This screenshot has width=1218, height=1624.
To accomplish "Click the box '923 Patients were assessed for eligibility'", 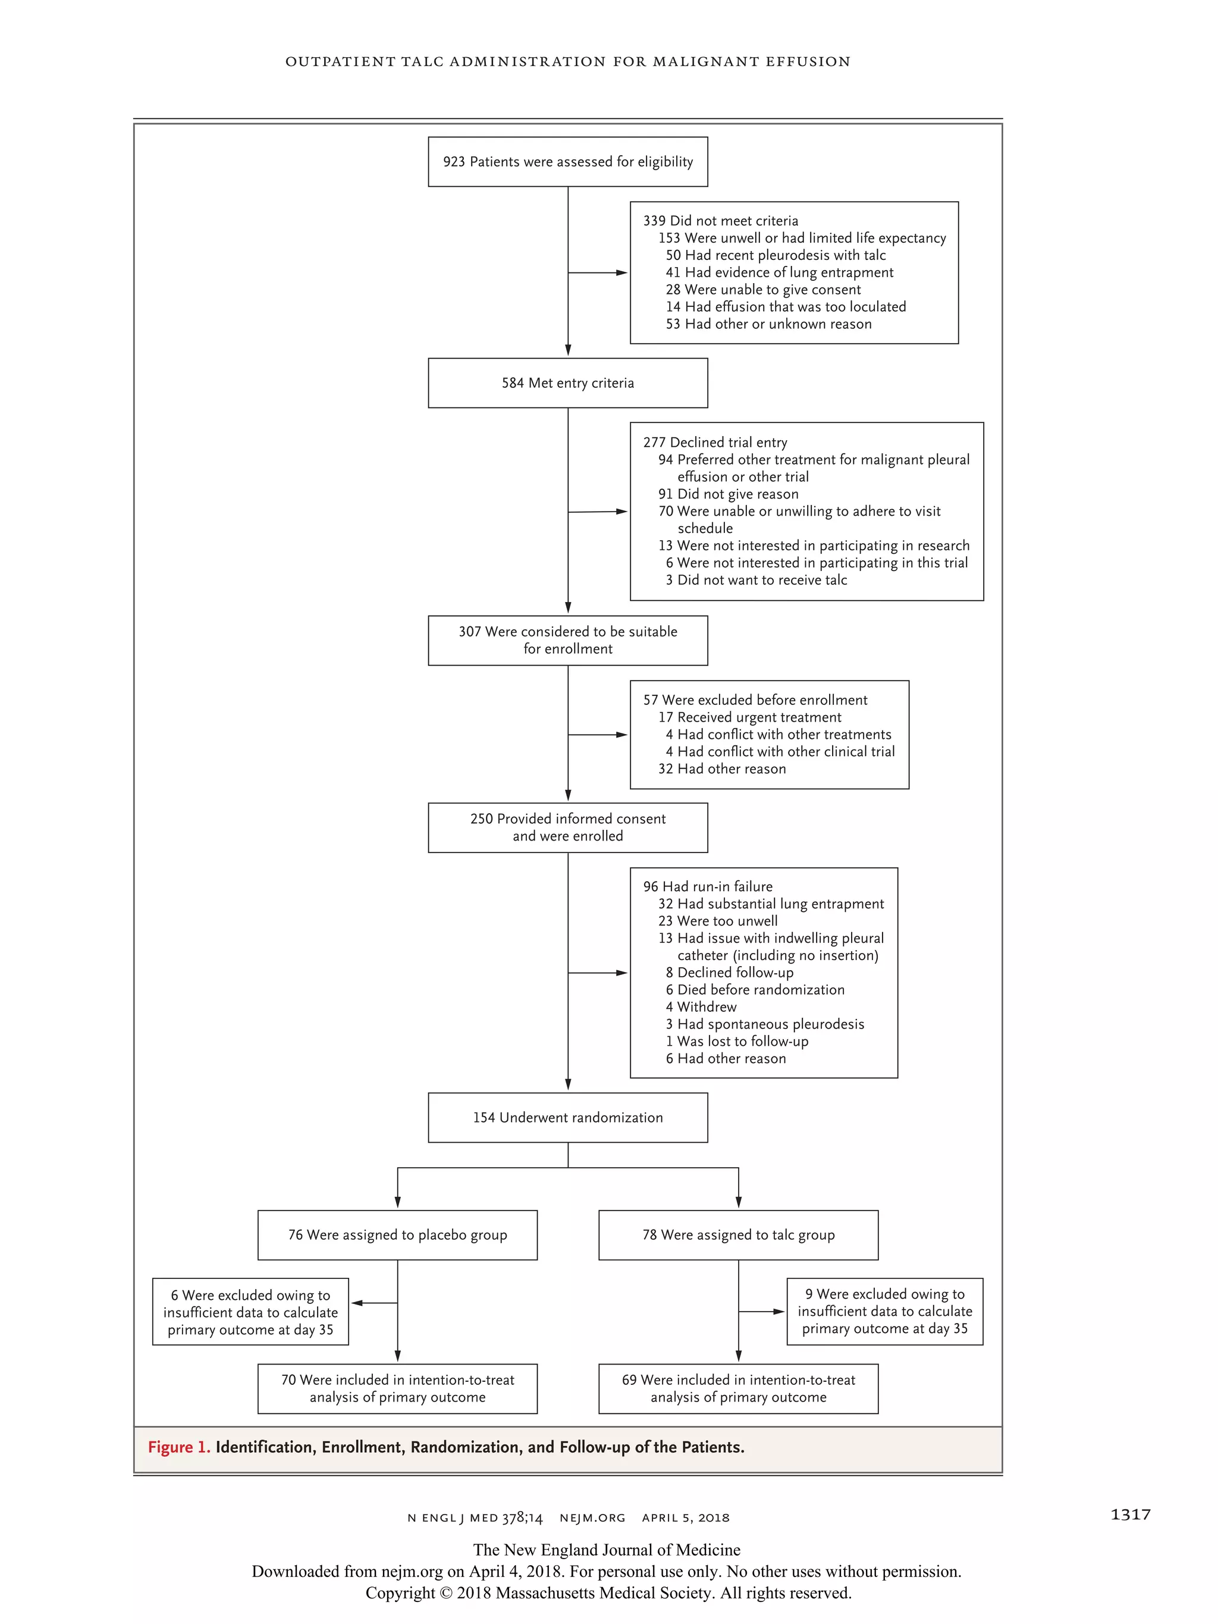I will coord(567,162).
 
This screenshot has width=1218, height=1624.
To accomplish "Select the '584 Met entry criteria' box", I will coord(567,383).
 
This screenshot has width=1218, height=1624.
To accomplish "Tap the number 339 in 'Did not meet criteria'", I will coord(654,221).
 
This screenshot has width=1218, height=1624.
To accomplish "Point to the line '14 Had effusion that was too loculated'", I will coord(786,307).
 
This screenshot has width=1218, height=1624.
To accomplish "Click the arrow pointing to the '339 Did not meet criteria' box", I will coord(620,272).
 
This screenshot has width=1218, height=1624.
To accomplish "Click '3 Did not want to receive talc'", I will coord(756,580).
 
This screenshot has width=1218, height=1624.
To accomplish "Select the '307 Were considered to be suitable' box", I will coord(567,640).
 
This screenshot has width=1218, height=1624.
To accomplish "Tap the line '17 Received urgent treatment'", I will coord(749,717).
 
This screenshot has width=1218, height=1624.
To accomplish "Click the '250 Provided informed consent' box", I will coord(567,827).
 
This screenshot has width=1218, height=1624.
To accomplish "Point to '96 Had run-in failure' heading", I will coord(708,887).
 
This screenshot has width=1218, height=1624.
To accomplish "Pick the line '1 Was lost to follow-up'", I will coord(737,1042).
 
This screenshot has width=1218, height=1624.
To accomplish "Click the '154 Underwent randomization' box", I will coord(567,1117).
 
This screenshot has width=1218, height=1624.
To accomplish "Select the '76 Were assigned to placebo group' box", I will coord(397,1235).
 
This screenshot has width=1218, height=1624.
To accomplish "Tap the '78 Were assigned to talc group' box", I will coord(738,1235).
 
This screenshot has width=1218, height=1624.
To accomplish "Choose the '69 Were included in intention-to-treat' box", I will coord(738,1388).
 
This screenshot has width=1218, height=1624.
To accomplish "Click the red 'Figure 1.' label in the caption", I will coord(179,1447).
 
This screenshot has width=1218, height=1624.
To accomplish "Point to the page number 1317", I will coord(1130,1515).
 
